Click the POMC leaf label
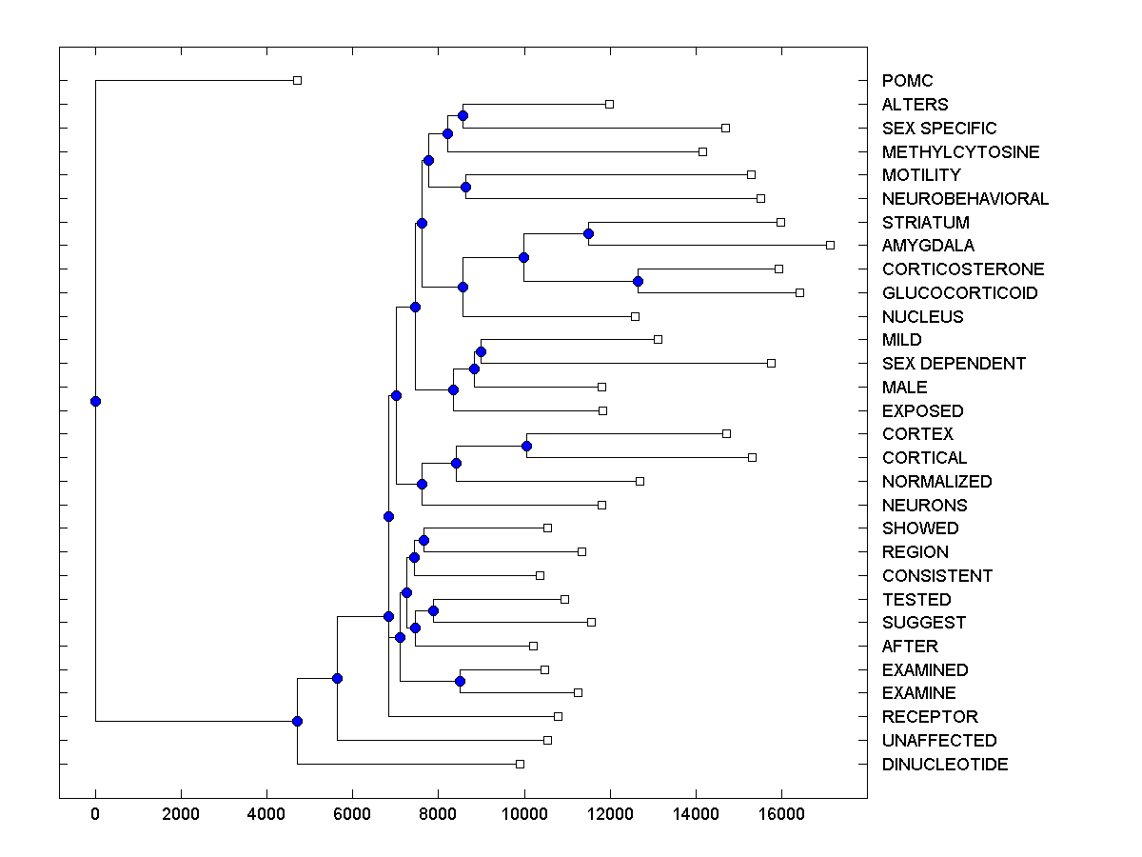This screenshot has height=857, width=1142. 907,81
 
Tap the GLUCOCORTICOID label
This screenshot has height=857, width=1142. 959,293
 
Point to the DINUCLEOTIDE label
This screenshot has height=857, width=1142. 944,765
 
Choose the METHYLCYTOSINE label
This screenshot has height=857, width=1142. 960,152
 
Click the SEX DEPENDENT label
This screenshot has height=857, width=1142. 954,364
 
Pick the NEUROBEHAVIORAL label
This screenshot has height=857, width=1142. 965,199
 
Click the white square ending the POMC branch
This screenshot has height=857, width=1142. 297,81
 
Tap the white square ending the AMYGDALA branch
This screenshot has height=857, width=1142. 830,246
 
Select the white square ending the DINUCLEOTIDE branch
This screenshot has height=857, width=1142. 520,764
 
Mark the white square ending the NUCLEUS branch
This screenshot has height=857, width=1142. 635,316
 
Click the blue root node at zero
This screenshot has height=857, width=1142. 95,401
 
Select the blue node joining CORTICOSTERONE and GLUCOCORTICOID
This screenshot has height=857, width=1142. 638,281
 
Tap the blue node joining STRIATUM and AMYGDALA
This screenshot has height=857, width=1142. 588,233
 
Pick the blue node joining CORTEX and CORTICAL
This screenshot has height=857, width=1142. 526,446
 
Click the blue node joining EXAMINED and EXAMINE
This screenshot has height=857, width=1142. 460,681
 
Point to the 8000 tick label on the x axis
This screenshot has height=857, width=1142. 438,813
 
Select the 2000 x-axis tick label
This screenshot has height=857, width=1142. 181,813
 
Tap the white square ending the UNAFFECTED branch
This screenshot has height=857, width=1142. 547,740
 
